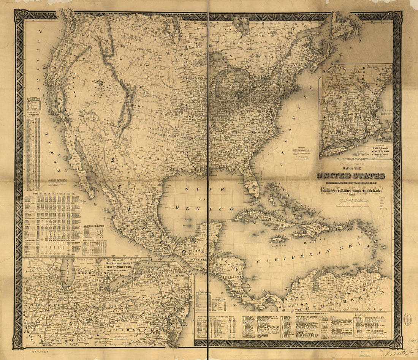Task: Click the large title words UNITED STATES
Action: (x=350, y=175)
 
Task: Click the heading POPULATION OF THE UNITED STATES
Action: (x=54, y=193)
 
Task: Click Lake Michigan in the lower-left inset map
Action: (x=67, y=272)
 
